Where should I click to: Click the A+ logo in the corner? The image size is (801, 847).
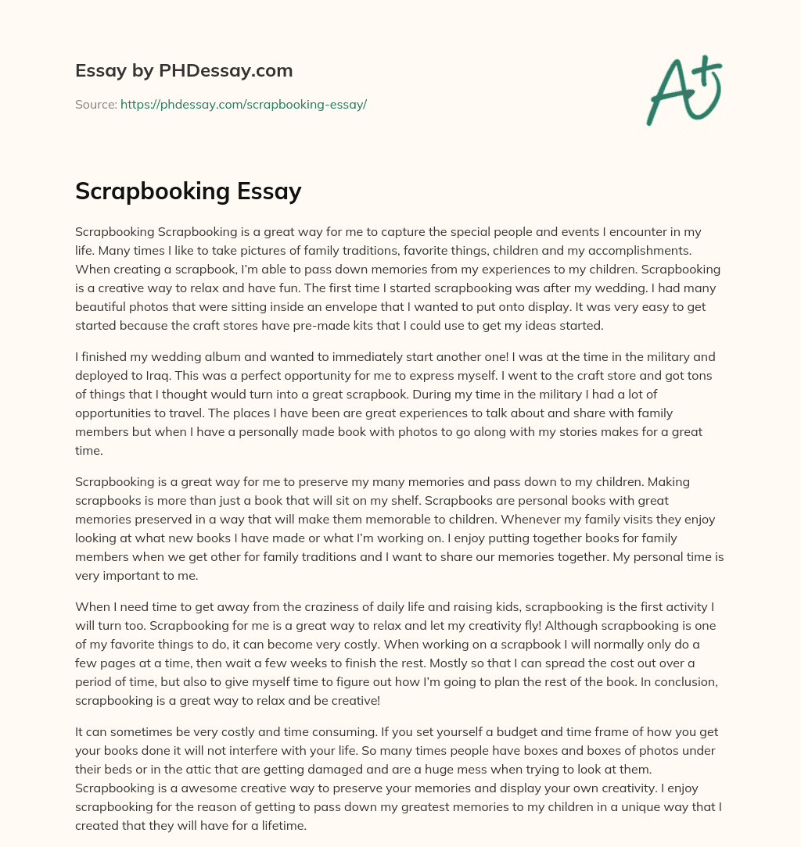684,90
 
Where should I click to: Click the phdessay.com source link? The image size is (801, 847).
243,104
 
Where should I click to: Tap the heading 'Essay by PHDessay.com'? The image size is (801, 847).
184,71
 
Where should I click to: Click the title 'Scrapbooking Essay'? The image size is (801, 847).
188,191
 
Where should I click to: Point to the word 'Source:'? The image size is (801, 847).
95,104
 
